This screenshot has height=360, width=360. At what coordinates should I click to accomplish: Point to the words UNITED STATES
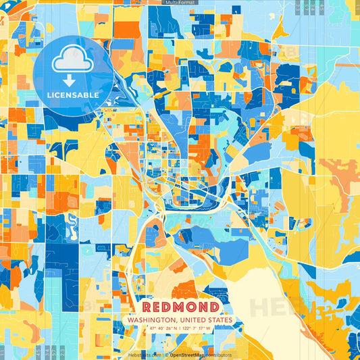click(x=205, y=320)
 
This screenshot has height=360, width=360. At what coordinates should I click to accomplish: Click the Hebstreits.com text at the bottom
click(x=145, y=354)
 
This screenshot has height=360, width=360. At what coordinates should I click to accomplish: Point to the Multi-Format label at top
click(x=180, y=3)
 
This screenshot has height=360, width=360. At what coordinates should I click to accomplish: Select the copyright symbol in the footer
click(x=165, y=354)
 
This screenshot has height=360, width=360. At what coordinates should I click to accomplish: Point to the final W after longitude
click(x=209, y=329)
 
